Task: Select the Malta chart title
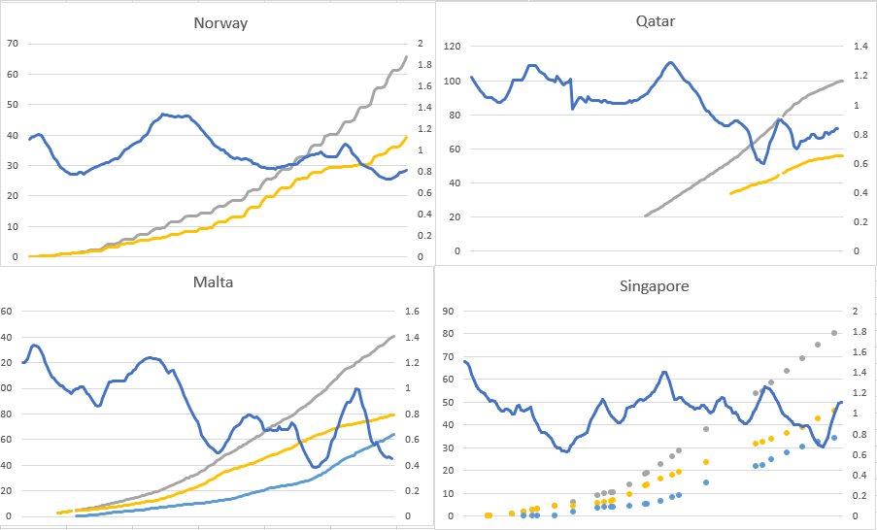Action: click(213, 282)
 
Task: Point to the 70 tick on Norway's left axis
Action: click(13, 44)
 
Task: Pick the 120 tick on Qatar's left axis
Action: click(453, 47)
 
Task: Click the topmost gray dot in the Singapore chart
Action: click(834, 334)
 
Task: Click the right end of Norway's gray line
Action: click(406, 55)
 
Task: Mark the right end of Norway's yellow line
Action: click(406, 137)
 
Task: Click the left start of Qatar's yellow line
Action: click(731, 193)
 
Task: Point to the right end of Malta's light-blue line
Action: click(393, 435)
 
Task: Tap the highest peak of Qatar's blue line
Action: click(670, 62)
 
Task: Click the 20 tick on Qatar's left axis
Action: click(453, 216)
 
